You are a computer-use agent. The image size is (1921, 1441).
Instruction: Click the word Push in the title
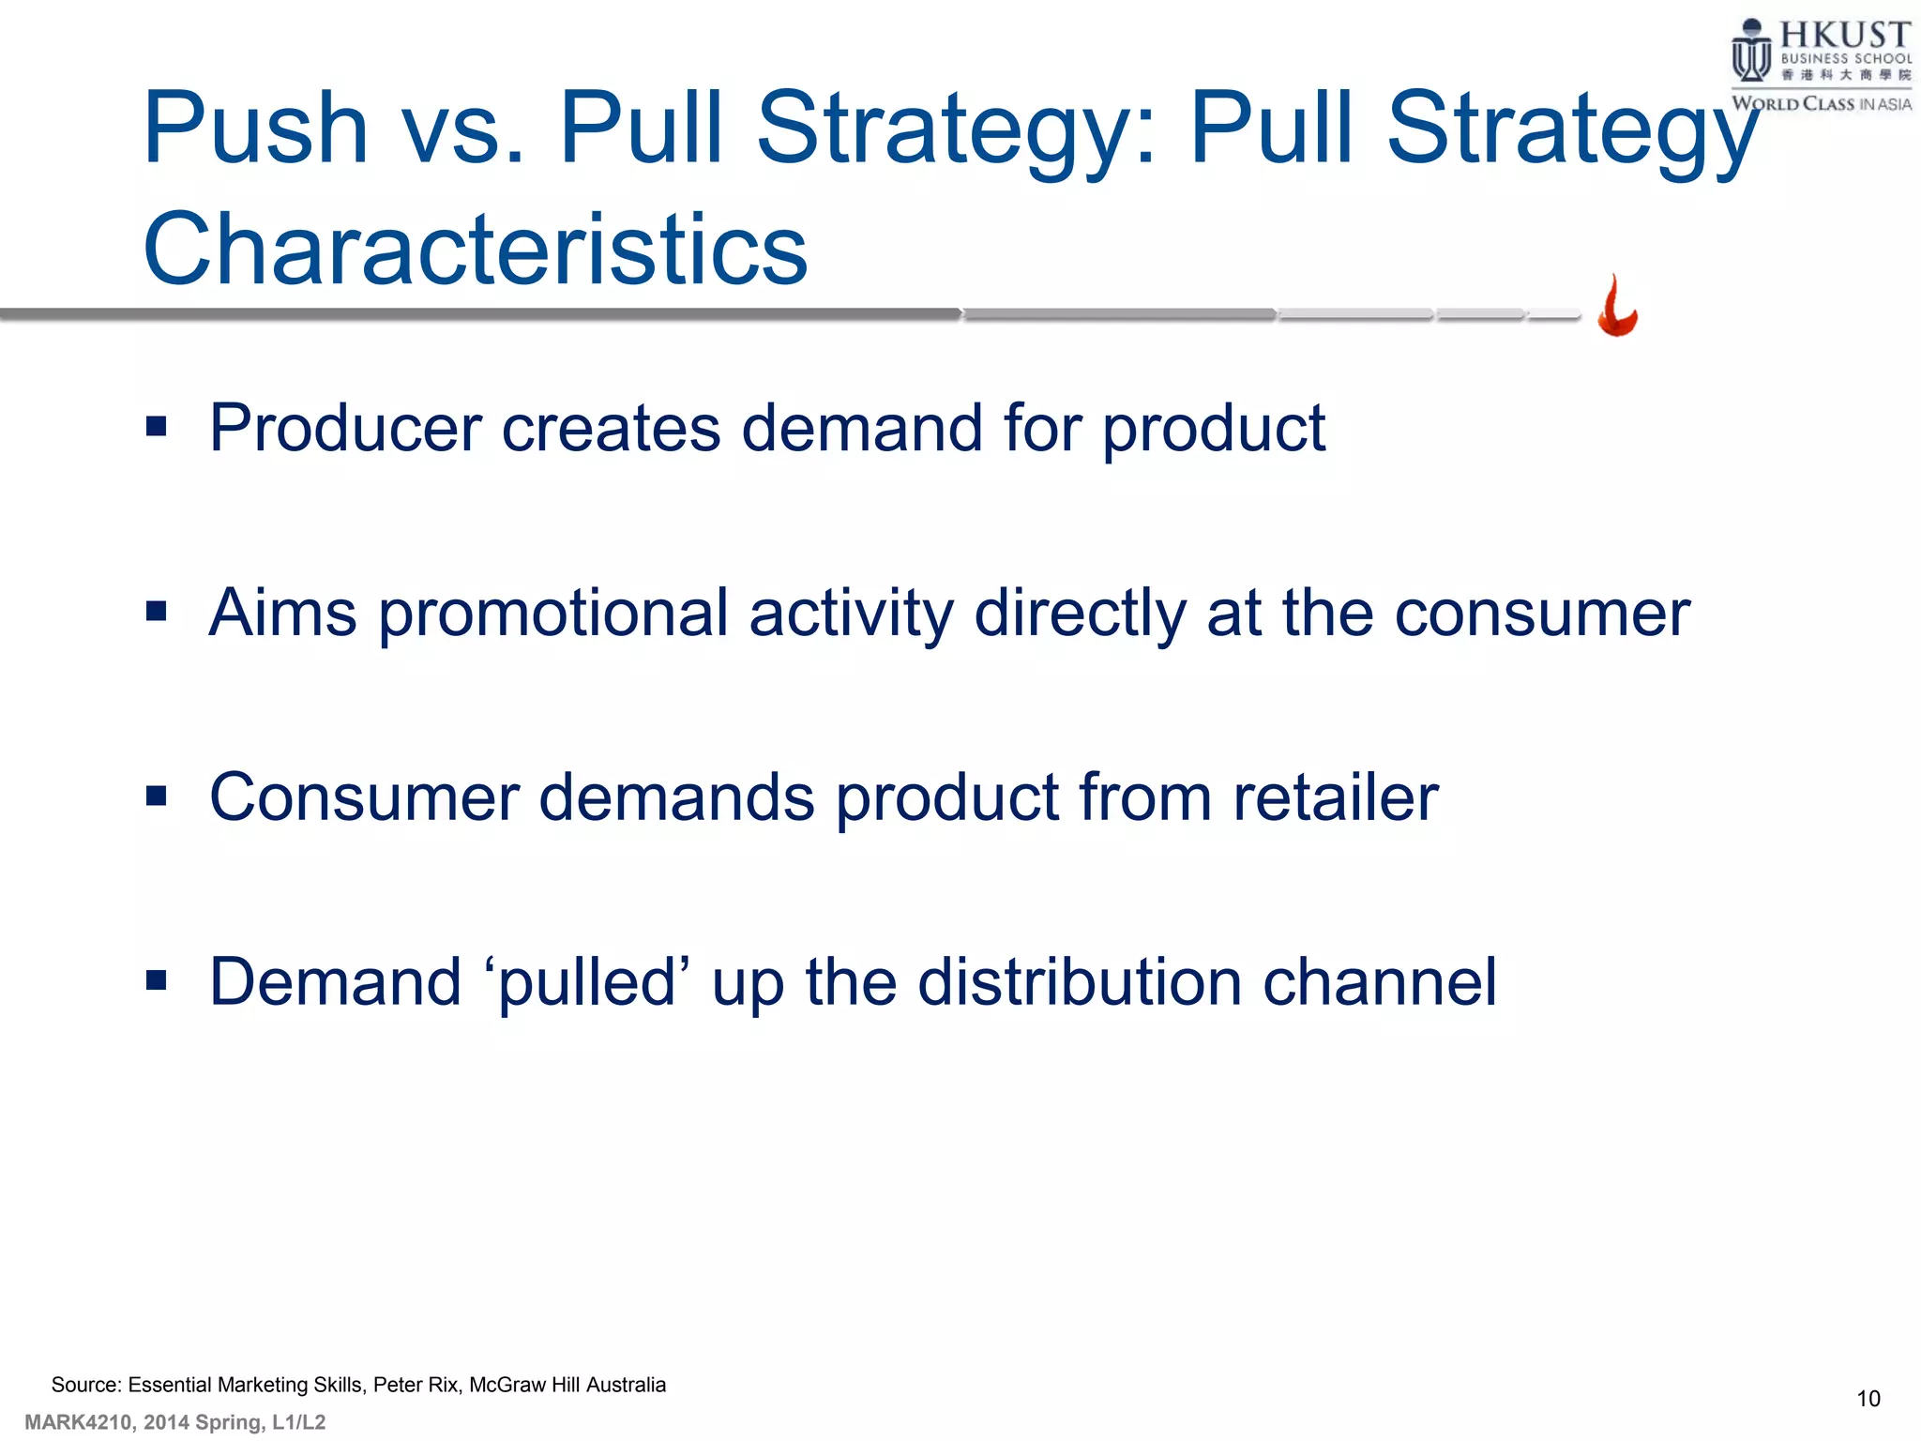pos(255,128)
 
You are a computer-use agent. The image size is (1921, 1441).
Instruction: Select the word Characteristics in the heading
pos(475,250)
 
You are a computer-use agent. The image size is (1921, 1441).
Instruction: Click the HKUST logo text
pos(1844,36)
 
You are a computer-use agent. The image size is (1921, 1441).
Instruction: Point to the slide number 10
pos(1868,1399)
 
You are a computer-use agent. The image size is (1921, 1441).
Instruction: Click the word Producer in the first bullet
pos(345,429)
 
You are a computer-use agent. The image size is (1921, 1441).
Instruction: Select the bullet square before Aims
pos(156,613)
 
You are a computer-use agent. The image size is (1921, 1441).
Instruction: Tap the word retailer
pos(1335,797)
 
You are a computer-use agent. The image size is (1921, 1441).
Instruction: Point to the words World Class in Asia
pos(1821,104)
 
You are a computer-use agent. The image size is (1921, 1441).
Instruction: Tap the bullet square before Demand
pos(156,981)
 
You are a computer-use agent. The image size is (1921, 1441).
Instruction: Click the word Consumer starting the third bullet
pos(364,797)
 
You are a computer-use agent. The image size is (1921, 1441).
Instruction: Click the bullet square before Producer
pos(156,428)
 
